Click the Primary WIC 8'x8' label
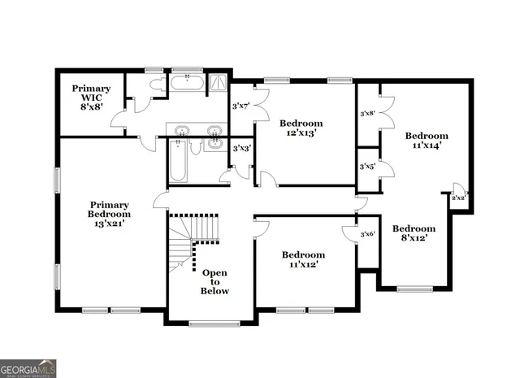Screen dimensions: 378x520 point(90,96)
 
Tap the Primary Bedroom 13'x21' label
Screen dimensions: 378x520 point(110,215)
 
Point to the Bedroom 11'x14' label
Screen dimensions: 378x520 point(427,141)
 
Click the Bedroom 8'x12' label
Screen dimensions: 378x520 point(414,233)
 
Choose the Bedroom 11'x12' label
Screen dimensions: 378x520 point(303,259)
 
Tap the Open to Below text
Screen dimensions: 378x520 point(215,281)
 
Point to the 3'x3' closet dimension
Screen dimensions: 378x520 point(240,149)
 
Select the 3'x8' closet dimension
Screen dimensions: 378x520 point(368,114)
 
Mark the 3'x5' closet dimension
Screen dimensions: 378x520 point(368,167)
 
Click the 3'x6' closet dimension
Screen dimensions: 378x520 point(367,234)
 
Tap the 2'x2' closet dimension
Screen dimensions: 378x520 point(458,198)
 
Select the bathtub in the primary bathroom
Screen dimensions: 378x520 point(188,82)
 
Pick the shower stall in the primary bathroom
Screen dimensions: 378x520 point(219,82)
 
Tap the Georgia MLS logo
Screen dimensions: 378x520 point(28,369)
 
